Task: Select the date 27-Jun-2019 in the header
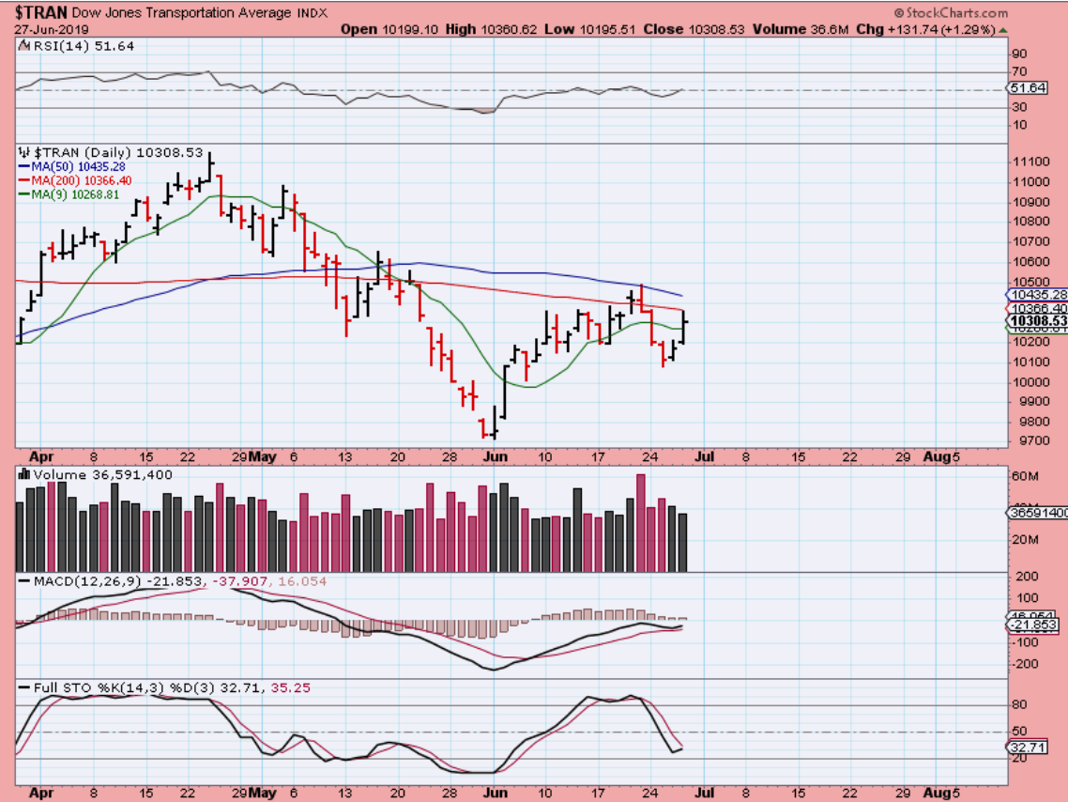47,29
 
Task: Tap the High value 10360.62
508,29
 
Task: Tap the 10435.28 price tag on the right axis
1037,294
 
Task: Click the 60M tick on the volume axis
1022,476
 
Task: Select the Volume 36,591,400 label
103,475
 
